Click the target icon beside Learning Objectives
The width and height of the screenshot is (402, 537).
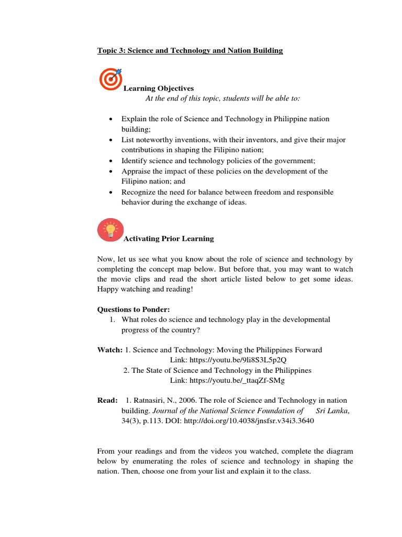click(x=110, y=79)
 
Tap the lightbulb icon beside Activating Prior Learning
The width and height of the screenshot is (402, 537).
click(x=110, y=230)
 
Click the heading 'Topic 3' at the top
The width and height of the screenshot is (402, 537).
click(x=190, y=51)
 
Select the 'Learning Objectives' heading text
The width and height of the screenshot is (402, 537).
click(x=158, y=89)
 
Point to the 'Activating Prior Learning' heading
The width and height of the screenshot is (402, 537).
click(x=169, y=239)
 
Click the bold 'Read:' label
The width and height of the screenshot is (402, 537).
click(x=107, y=401)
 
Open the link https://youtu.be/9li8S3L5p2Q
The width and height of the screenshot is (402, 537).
click(x=228, y=360)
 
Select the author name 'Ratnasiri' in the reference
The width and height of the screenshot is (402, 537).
click(x=149, y=401)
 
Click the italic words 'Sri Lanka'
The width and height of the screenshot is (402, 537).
click(x=332, y=411)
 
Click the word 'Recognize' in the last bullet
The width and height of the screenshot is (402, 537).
click(x=138, y=192)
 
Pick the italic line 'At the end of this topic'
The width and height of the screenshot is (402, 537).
click(x=222, y=99)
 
